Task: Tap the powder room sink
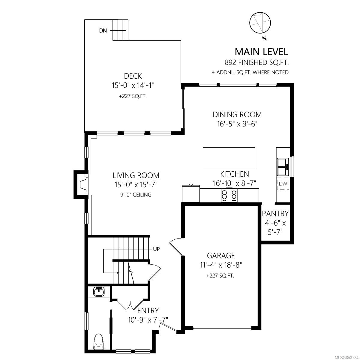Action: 99,292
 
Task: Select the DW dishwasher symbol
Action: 283,184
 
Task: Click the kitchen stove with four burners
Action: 229,195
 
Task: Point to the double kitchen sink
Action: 283,166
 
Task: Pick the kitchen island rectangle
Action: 229,159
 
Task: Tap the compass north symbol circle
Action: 260,23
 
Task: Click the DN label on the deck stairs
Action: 103,31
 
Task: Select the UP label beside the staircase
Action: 156,249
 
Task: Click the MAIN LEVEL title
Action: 261,52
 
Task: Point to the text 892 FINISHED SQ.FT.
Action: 257,63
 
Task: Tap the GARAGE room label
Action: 221,255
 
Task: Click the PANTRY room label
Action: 275,214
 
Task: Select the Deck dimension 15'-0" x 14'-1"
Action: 133,85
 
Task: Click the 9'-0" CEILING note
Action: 136,195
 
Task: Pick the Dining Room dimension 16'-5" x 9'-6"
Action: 237,124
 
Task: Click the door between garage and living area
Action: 176,247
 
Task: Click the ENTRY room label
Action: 148,310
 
